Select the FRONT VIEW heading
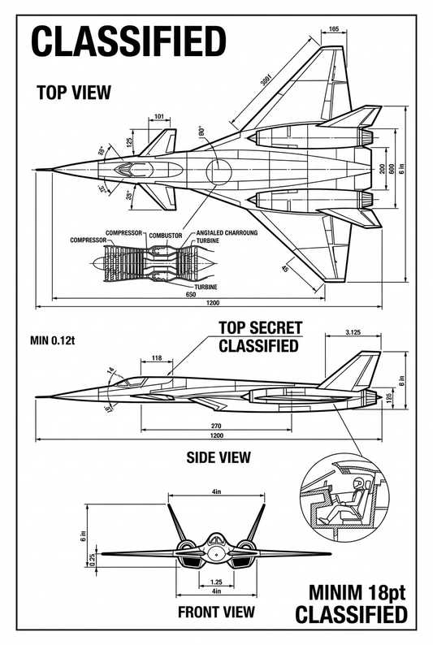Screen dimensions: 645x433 pyautogui.click(x=216, y=612)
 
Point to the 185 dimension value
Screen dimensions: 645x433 pyautogui.click(x=334, y=30)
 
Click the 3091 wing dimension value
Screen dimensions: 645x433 pyautogui.click(x=260, y=89)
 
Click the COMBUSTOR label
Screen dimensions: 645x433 pyautogui.click(x=165, y=234)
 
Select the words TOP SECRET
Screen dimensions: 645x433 pyautogui.click(x=261, y=328)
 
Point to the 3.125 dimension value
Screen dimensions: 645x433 pyautogui.click(x=353, y=332)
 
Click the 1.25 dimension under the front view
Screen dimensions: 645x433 pyautogui.click(x=215, y=582)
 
